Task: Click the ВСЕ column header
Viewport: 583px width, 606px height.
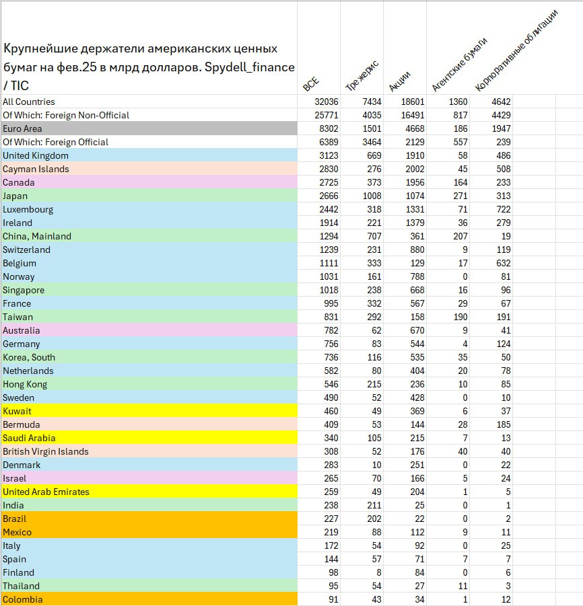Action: point(311,84)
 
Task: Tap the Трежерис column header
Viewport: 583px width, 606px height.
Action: point(362,75)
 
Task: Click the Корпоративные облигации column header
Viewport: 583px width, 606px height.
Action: point(516,51)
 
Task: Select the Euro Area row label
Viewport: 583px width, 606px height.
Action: point(22,128)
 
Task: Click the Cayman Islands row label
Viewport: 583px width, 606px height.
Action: point(36,169)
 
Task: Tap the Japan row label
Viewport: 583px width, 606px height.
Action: point(15,196)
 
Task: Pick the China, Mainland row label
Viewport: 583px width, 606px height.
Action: point(37,236)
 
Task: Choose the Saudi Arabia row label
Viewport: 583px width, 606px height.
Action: point(29,438)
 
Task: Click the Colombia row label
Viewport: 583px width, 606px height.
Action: point(22,599)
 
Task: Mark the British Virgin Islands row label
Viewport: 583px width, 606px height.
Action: point(46,451)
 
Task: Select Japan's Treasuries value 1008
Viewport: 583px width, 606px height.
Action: point(370,196)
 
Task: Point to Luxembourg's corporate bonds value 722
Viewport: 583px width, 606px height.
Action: point(503,209)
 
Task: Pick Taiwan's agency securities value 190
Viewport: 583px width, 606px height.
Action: point(460,317)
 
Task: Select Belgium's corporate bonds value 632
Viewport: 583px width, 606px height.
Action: point(503,263)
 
